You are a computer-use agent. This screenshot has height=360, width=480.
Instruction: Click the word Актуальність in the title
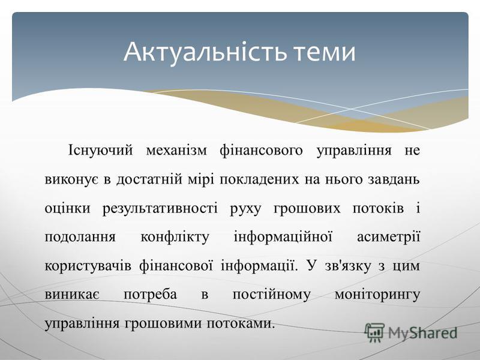(x=205, y=52)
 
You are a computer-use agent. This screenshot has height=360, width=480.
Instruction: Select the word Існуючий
(x=100, y=151)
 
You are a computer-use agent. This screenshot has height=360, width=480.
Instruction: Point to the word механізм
(x=176, y=151)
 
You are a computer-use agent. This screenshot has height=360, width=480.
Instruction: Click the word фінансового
(x=261, y=151)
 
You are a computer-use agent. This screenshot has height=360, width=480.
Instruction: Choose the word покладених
(x=259, y=179)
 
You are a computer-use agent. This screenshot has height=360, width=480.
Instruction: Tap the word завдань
(x=394, y=179)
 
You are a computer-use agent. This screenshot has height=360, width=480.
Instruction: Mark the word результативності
(x=160, y=209)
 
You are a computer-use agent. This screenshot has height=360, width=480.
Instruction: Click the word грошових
(x=307, y=209)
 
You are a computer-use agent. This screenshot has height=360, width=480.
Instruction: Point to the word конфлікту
(x=175, y=237)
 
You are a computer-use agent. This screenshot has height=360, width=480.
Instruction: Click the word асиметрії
(x=388, y=237)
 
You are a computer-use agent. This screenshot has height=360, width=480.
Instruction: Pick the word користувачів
(x=88, y=266)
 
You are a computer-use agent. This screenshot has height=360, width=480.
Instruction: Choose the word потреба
(x=151, y=295)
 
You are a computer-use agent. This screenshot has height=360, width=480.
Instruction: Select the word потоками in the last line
(x=241, y=323)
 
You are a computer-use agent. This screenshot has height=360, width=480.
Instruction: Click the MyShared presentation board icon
(x=374, y=333)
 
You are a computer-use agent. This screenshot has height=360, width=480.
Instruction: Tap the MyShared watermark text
(x=423, y=333)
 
